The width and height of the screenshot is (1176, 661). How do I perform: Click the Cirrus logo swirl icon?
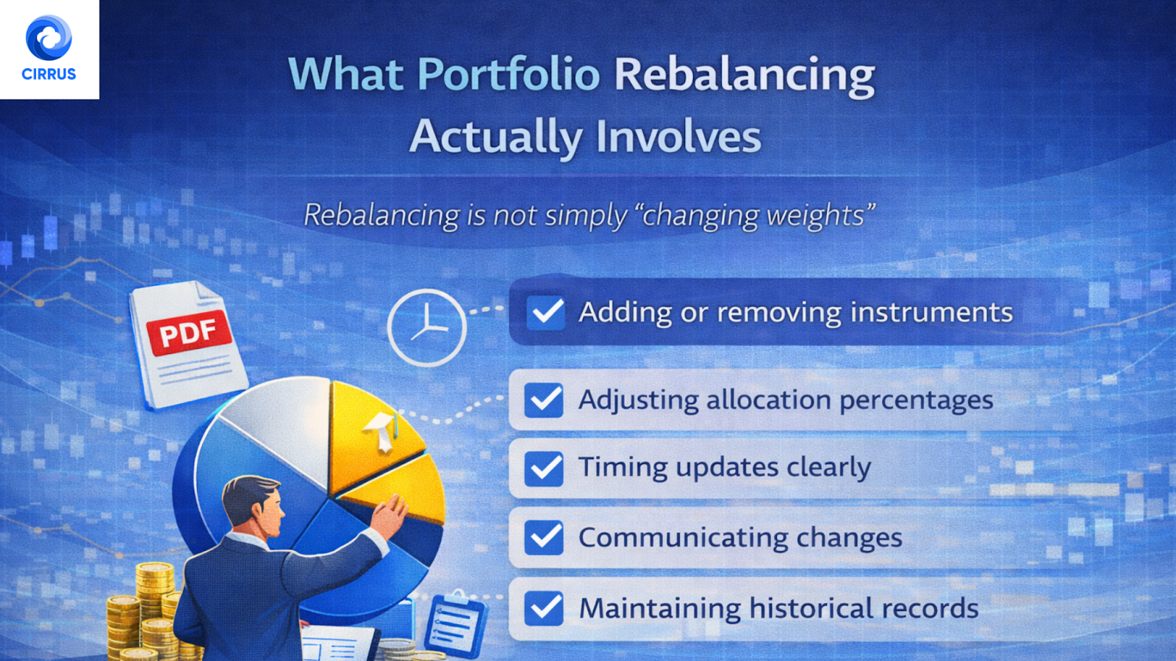pyautogui.click(x=49, y=38)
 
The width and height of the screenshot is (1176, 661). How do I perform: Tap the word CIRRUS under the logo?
pyautogui.click(x=49, y=74)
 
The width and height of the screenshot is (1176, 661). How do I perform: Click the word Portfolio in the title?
pyautogui.click(x=509, y=74)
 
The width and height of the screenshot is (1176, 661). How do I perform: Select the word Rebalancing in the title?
pyautogui.click(x=744, y=76)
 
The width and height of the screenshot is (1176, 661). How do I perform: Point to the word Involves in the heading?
pyautogui.click(x=678, y=137)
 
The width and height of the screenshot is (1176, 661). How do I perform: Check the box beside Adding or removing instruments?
pyautogui.click(x=545, y=312)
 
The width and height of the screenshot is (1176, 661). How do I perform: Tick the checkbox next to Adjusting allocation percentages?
pyautogui.click(x=544, y=400)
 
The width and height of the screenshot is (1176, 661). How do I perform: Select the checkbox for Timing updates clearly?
pyautogui.click(x=544, y=468)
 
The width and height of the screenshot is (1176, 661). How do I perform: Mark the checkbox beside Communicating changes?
pyautogui.click(x=544, y=538)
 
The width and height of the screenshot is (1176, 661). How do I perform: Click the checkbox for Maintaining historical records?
pyautogui.click(x=544, y=608)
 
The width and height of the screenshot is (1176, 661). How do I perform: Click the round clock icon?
pyautogui.click(x=426, y=328)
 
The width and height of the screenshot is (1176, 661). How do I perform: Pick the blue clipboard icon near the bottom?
pyautogui.click(x=455, y=625)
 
